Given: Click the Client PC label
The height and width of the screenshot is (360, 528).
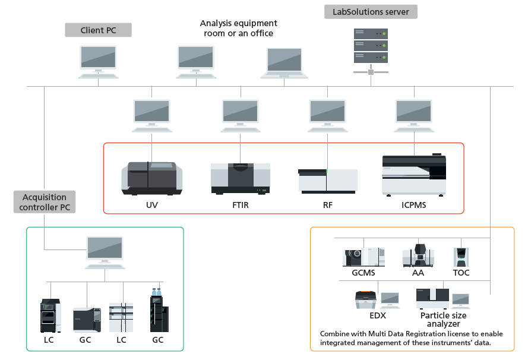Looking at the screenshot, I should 98,30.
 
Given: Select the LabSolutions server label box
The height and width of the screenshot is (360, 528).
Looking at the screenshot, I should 370,12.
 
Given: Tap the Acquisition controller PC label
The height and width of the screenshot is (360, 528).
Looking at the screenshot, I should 44,203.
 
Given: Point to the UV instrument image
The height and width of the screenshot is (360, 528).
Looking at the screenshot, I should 152,178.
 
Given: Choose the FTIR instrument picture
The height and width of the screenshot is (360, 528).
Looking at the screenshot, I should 241,178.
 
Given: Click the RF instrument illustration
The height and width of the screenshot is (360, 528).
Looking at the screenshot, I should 327,181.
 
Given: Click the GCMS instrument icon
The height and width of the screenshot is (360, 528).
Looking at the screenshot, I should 363,257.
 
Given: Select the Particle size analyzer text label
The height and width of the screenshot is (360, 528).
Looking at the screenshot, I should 443,320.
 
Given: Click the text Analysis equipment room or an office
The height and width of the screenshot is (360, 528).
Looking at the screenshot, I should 238,29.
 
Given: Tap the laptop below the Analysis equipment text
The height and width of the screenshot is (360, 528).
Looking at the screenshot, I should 284,62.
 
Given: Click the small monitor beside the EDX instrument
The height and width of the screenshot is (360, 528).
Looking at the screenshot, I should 390,299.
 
